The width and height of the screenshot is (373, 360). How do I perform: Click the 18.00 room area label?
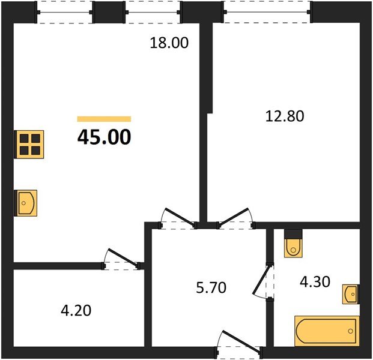(x=169, y=43)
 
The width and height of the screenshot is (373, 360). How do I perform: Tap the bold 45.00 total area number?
(x=104, y=137)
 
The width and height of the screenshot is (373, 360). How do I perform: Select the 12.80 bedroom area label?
(x=285, y=116)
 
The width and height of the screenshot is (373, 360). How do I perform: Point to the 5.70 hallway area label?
(x=211, y=287)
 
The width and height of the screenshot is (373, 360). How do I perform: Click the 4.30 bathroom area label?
(x=315, y=282)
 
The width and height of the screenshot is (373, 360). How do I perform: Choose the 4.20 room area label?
(x=76, y=311)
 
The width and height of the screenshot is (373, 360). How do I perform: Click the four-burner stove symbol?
(x=29, y=144)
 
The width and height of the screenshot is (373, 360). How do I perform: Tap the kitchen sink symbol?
(x=26, y=203)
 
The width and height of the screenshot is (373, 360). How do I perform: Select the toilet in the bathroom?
(x=293, y=244)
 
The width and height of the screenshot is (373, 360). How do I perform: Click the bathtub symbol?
(x=327, y=331)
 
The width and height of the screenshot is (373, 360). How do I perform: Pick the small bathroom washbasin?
(x=351, y=294)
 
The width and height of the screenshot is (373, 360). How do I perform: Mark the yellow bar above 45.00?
(x=104, y=119)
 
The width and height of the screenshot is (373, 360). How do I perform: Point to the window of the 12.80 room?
(x=267, y=12)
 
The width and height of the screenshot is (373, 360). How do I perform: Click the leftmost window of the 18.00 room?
(x=64, y=12)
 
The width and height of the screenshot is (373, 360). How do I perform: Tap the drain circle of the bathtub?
(x=350, y=331)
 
